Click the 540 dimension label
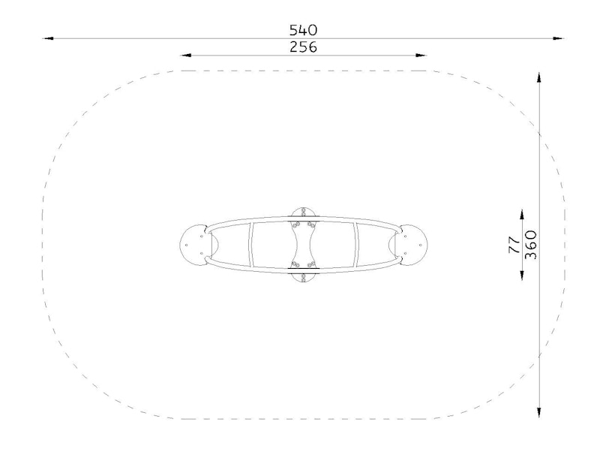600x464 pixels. pos(303,30)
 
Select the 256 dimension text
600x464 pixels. pos(303,47)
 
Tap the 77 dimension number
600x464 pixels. pos(514,245)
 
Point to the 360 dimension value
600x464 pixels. pos(530,245)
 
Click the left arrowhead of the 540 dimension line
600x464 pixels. pos(48,38)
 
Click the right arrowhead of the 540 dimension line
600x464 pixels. pos(559,38)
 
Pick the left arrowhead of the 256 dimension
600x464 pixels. pos(186,55)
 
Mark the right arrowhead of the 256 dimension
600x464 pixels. pos(421,55)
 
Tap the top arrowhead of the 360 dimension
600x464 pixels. pos(538,77)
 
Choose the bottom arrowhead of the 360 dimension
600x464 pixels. pos(538,413)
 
